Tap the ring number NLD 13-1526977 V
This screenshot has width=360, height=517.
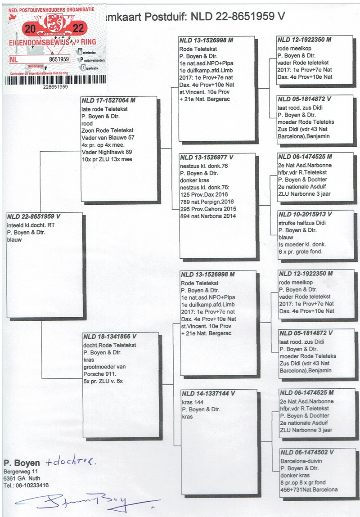[207, 158]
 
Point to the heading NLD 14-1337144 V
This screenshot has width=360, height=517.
[208, 393]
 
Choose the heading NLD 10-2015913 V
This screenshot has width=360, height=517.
[305, 215]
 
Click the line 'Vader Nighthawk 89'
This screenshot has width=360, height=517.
[107, 152]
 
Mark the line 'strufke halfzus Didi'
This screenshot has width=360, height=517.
[302, 223]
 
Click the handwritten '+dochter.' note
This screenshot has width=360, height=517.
[71, 462]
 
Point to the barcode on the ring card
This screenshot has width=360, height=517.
[56, 80]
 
